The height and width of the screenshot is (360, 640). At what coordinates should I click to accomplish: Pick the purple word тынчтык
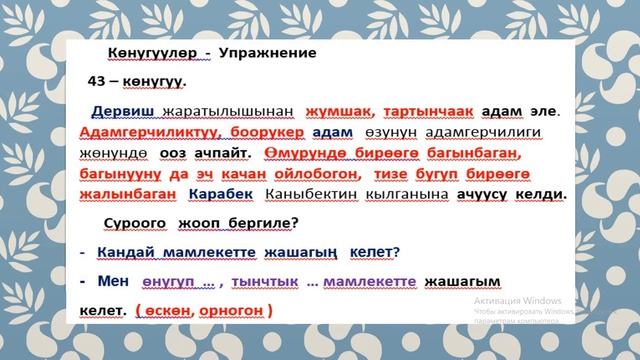click(269, 284)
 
